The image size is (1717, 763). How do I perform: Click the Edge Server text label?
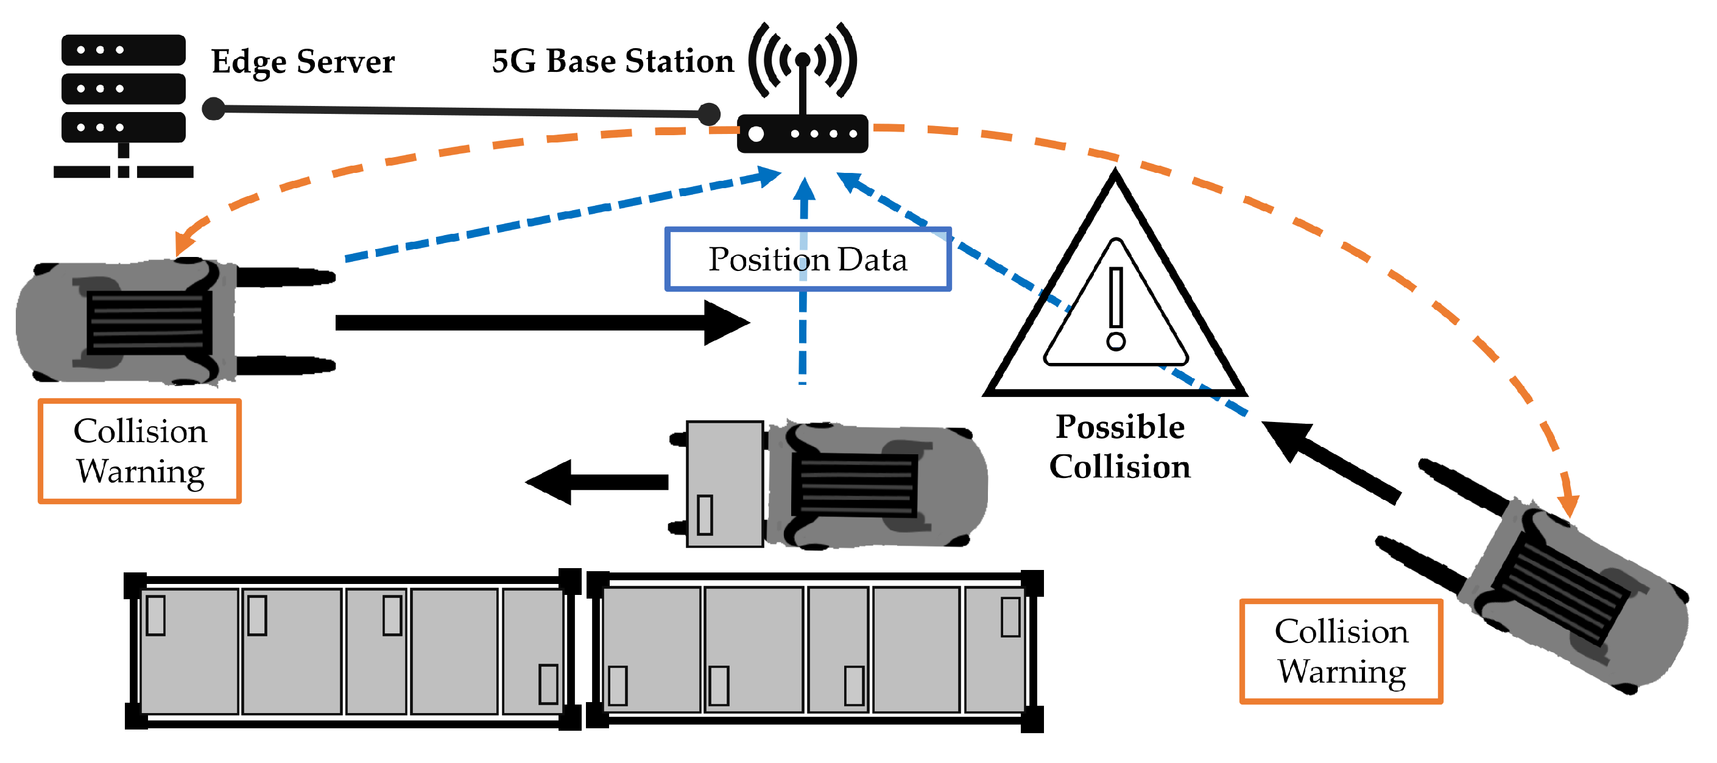[303, 62]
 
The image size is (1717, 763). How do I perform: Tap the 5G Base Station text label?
[612, 62]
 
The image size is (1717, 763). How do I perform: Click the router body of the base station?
[803, 134]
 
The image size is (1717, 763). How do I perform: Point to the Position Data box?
[807, 259]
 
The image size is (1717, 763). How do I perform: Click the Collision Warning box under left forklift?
[139, 451]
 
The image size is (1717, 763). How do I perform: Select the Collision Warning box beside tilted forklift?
[1341, 651]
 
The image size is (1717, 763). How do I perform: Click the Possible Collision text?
[1119, 446]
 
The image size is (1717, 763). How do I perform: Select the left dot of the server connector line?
[213, 108]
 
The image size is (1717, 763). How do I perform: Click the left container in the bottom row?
[352, 651]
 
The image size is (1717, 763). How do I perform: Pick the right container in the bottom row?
[814, 651]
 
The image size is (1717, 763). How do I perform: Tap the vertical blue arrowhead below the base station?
[805, 189]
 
